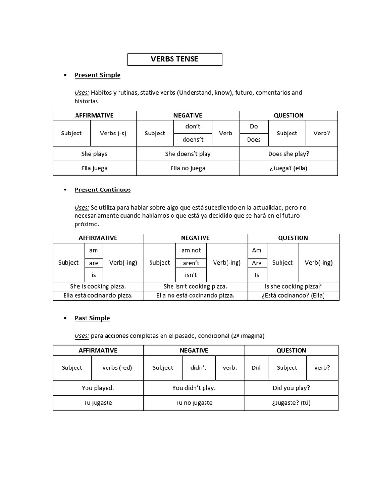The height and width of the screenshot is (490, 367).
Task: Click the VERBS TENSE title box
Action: click(x=174, y=59)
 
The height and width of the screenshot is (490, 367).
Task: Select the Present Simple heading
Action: click(x=97, y=75)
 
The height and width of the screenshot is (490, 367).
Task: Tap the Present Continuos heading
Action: click(x=102, y=189)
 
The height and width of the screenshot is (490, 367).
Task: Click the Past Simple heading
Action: click(x=92, y=318)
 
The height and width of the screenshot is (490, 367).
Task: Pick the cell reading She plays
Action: click(x=94, y=154)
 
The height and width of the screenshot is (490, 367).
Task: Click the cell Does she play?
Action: click(x=289, y=154)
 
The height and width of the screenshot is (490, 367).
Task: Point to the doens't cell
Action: click(x=194, y=140)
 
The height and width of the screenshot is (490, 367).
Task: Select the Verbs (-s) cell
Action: click(x=113, y=133)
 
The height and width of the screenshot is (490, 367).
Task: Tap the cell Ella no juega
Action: click(x=188, y=168)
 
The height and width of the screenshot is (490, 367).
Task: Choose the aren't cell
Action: click(x=191, y=263)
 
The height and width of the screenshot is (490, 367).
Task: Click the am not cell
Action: click(x=191, y=250)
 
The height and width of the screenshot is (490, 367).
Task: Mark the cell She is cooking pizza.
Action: click(x=98, y=286)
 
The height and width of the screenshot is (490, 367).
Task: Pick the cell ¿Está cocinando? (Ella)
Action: click(x=293, y=295)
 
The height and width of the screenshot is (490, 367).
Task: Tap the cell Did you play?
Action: click(x=291, y=388)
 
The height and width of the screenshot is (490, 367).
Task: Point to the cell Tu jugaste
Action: click(x=98, y=402)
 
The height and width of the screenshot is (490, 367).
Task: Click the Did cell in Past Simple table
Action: click(x=256, y=368)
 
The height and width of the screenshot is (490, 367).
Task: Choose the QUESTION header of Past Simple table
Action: click(x=291, y=350)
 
